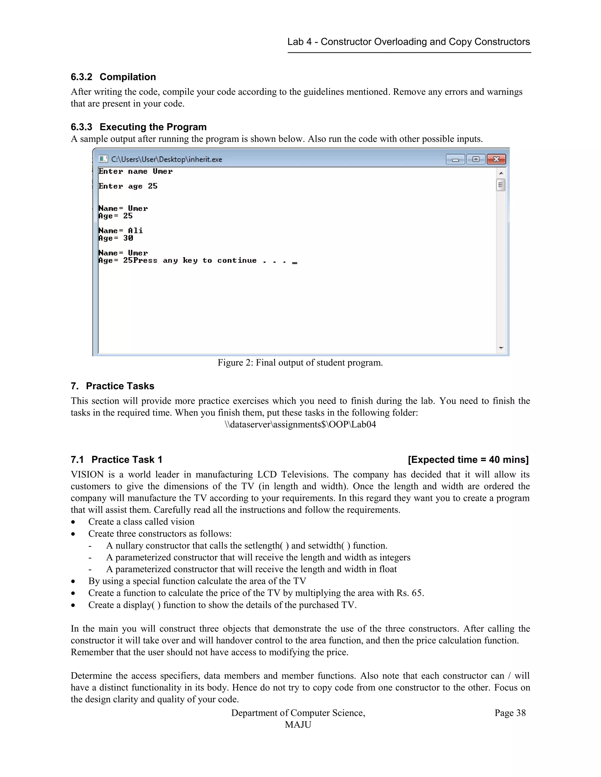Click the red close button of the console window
click(496, 159)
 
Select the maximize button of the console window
click(476, 159)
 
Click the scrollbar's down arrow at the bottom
click(501, 348)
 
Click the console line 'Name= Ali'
click(121, 230)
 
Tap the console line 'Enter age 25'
click(128, 186)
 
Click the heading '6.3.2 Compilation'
click(113, 77)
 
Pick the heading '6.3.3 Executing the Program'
click(139, 127)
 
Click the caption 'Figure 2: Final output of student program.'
click(300, 362)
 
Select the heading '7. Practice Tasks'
click(112, 386)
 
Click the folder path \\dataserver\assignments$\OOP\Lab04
click(300, 425)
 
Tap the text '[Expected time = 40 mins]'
click(468, 460)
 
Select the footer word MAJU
click(298, 725)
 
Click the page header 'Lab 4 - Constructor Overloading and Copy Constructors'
click(408, 42)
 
